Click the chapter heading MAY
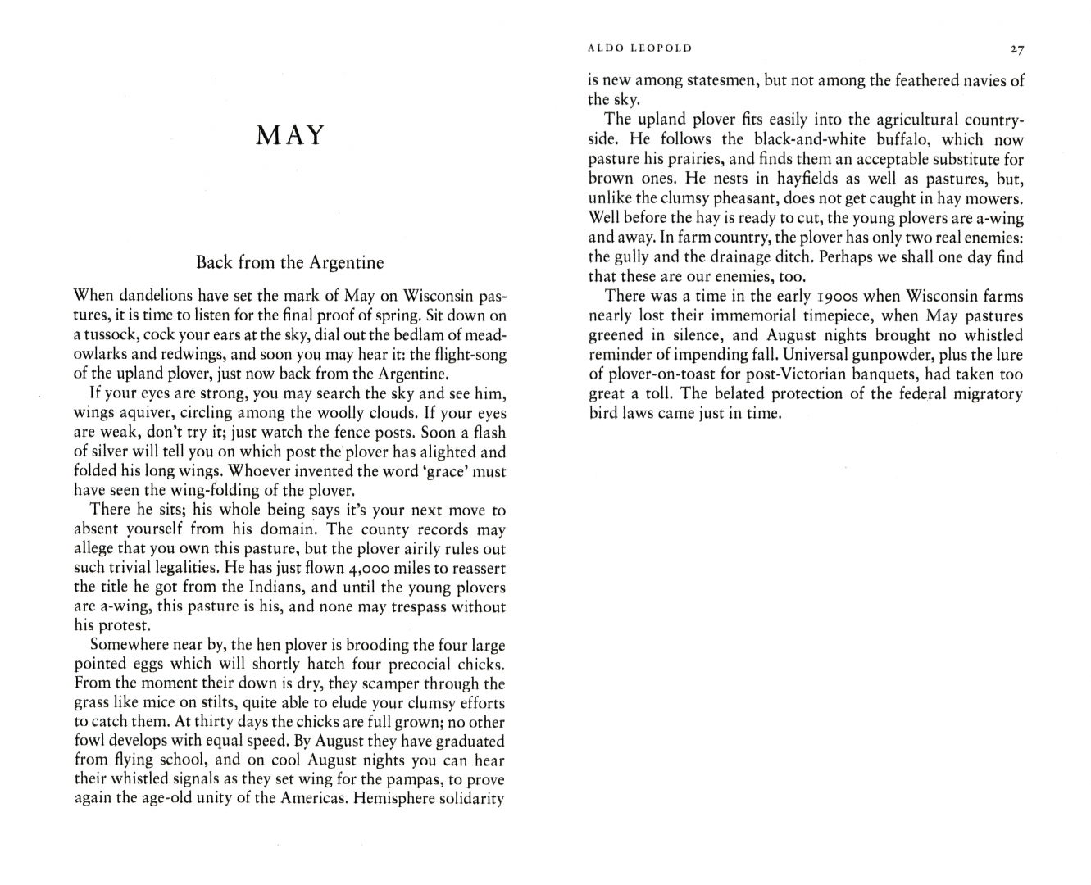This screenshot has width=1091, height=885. coord(290,134)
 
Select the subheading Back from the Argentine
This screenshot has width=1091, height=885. coord(289,262)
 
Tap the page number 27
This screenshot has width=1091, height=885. coord(1016,48)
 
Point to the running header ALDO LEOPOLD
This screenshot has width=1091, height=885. coord(640,48)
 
